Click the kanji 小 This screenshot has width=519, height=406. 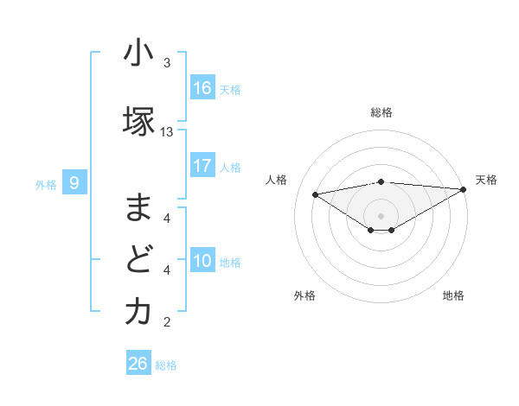138,54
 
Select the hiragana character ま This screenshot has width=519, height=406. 138,207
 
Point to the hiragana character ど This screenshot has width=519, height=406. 138,260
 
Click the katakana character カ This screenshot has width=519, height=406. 138,313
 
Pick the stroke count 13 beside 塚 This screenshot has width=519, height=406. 167,132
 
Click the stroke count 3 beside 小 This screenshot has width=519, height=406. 167,63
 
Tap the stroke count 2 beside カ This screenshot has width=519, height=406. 167,323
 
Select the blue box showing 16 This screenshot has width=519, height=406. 202,87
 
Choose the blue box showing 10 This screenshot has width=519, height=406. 202,261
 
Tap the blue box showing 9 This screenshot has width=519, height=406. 74,182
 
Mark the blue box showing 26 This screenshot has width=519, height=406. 138,364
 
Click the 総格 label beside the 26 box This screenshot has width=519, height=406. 166,365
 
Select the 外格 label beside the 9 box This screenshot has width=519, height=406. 46,184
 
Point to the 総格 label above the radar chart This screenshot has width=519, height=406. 381,112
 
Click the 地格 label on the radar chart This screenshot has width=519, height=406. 453,295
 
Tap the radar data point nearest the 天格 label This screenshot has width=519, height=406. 464,189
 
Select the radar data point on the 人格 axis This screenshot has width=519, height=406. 316,193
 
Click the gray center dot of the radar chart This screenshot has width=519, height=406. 381,215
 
